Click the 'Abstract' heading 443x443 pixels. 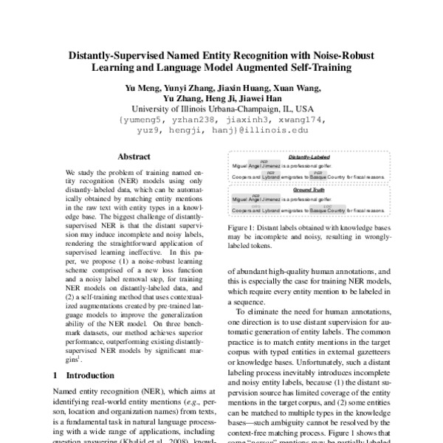tap(133, 157)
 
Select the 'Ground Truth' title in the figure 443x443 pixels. tap(309, 190)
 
